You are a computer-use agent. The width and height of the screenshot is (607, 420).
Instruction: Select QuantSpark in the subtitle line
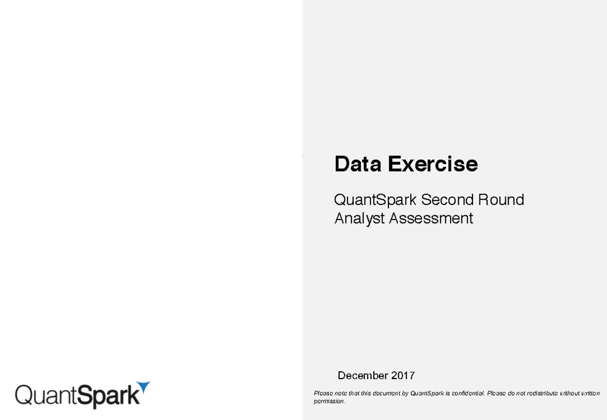coord(375,200)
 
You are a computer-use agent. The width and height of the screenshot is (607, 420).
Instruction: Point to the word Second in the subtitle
coord(442,200)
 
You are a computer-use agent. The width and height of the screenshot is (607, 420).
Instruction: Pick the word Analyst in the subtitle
coord(359,218)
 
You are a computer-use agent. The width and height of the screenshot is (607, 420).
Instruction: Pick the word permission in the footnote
coord(329,401)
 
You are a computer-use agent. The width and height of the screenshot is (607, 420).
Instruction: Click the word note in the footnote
coord(337,393)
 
